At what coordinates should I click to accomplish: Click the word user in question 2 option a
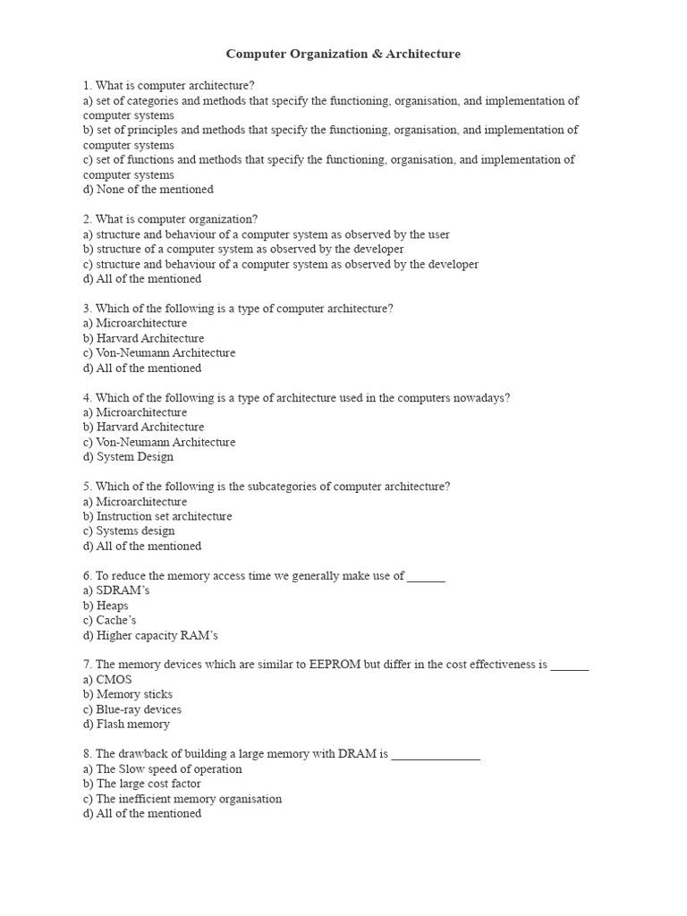437,234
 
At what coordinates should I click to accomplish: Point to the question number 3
87,309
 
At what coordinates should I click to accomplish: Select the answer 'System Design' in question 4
134,457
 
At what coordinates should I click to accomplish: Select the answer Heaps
112,606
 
